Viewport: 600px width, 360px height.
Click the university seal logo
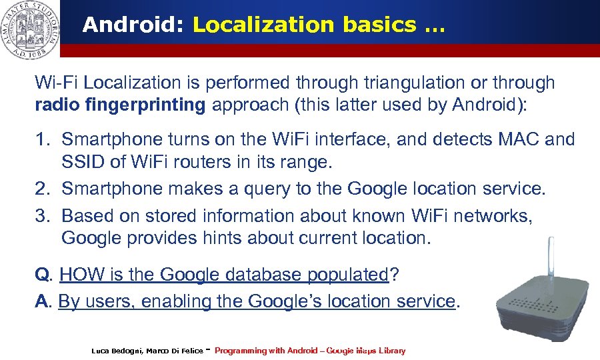(x=30, y=29)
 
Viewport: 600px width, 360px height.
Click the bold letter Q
(x=41, y=274)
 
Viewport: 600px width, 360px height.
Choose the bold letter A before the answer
(x=41, y=301)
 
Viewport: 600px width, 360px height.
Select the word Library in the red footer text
(x=390, y=351)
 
